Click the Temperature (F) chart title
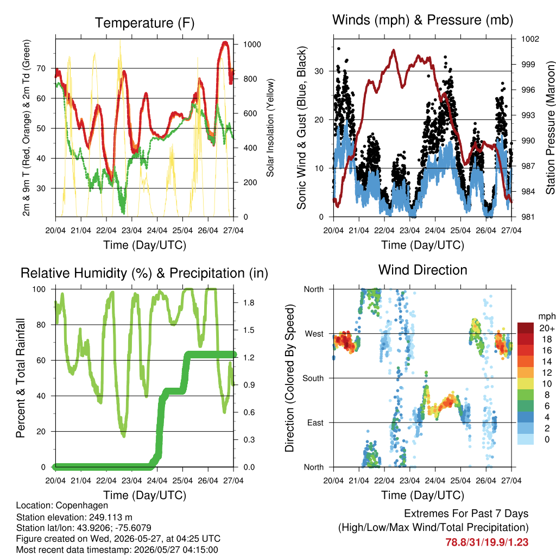[x=144, y=23]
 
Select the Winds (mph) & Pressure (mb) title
[x=422, y=20]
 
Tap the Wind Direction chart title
[x=422, y=270]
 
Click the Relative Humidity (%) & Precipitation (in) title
[x=144, y=274]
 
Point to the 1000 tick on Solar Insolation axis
[x=252, y=45]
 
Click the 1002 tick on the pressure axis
[x=530, y=39]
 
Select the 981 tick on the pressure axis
[x=528, y=217]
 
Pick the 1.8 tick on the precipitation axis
[x=249, y=303]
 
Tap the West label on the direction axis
[x=314, y=334]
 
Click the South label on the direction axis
[x=313, y=378]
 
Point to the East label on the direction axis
[x=315, y=422]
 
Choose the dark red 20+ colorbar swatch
[x=526, y=328]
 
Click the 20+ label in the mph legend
[x=547, y=328]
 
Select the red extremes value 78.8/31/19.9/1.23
[x=487, y=542]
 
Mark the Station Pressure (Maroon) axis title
[x=550, y=128]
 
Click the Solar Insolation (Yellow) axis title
[x=270, y=128]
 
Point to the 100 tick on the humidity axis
[x=39, y=289]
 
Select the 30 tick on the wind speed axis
[x=319, y=71]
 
